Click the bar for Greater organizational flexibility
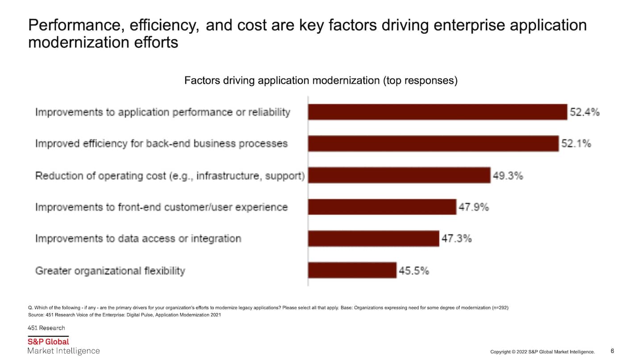click(x=352, y=270)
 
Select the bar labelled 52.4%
click(x=437, y=112)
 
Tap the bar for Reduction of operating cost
click(x=399, y=176)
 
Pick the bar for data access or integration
click(x=373, y=239)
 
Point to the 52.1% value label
click(x=576, y=144)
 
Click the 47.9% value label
click(x=474, y=207)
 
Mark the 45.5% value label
click(x=414, y=271)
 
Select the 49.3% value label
click(x=508, y=176)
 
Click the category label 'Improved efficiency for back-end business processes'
click(x=161, y=144)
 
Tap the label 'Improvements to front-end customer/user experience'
click(x=161, y=207)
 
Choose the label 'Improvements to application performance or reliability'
click(x=163, y=112)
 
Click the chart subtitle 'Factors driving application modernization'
click(x=321, y=81)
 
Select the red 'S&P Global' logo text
click(x=48, y=342)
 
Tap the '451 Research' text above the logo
click(x=46, y=328)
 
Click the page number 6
click(x=612, y=351)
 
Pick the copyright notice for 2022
click(x=542, y=352)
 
